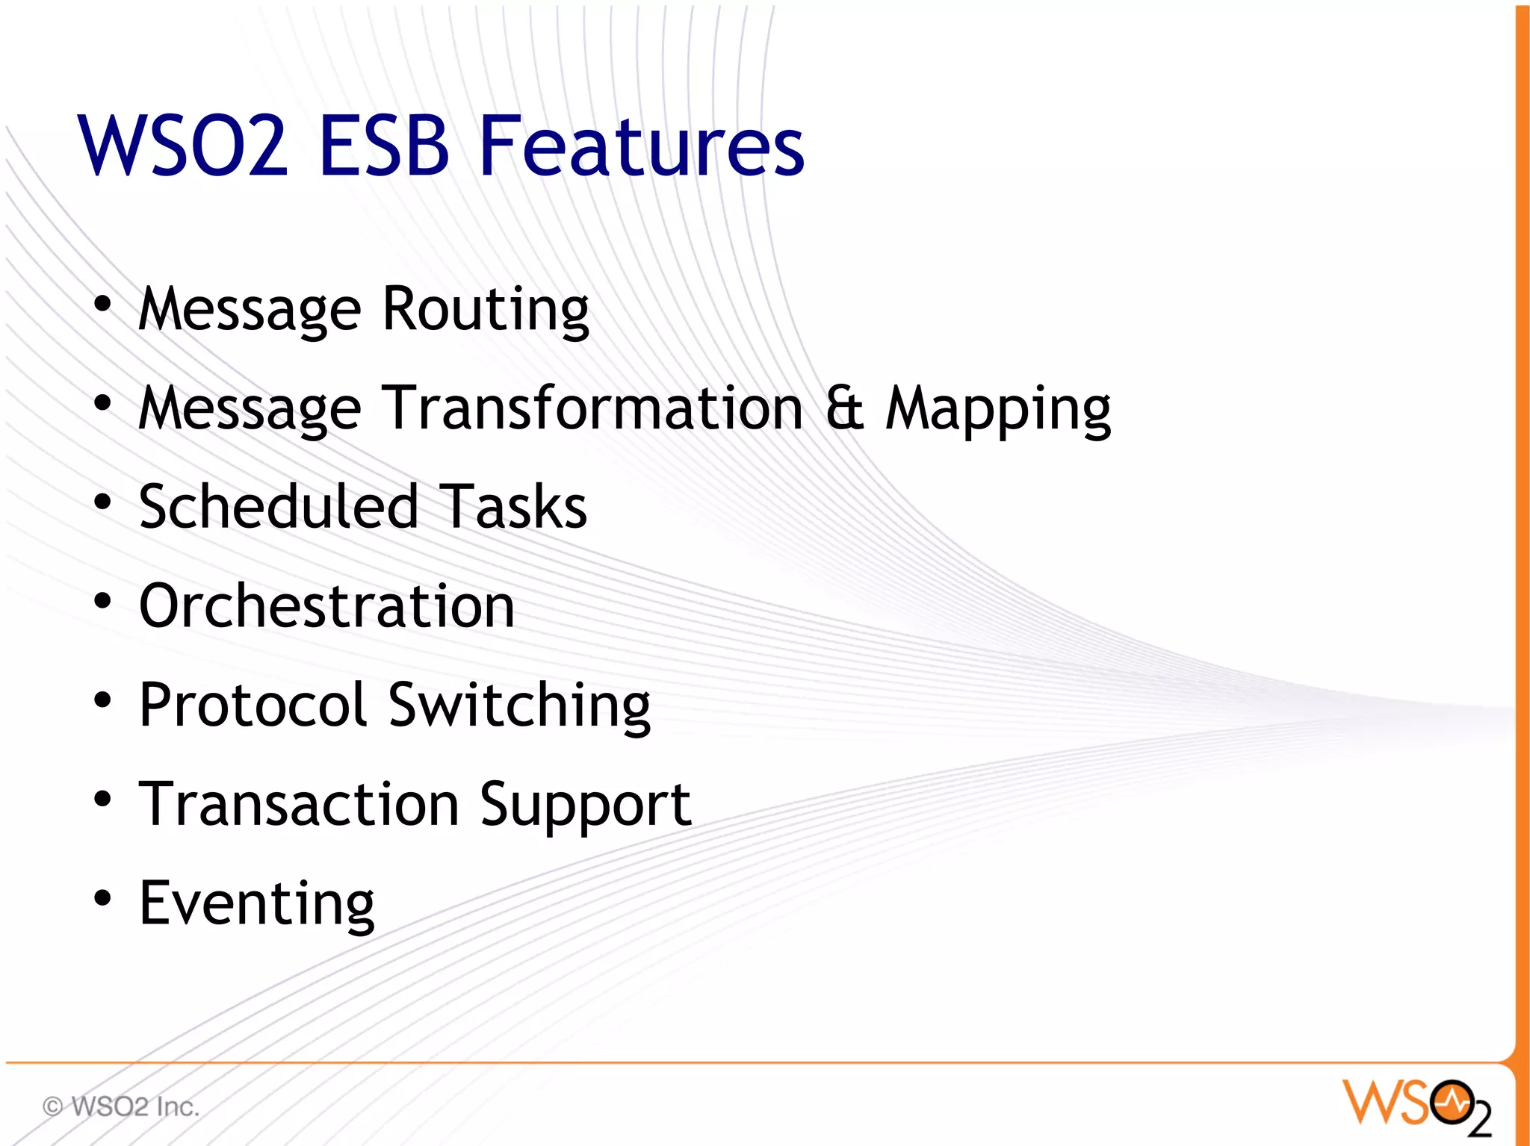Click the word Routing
(x=486, y=309)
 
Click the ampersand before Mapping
(x=845, y=408)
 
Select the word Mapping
(x=998, y=410)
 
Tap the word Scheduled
(x=279, y=507)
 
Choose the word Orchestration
(x=326, y=605)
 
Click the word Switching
(x=519, y=706)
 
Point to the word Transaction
(x=299, y=804)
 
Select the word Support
(x=586, y=806)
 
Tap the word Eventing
(x=256, y=904)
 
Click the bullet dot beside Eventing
(x=102, y=898)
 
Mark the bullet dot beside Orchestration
(x=102, y=601)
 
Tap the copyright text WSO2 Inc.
(x=121, y=1106)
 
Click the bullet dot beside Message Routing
(x=102, y=304)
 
